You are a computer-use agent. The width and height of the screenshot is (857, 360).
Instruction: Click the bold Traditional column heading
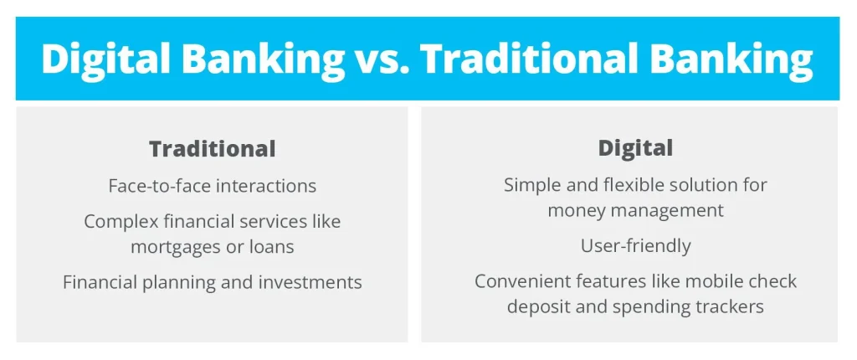click(212, 149)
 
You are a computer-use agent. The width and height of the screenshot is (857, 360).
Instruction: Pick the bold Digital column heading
click(635, 148)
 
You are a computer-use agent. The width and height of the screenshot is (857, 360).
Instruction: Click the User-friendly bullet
click(635, 246)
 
